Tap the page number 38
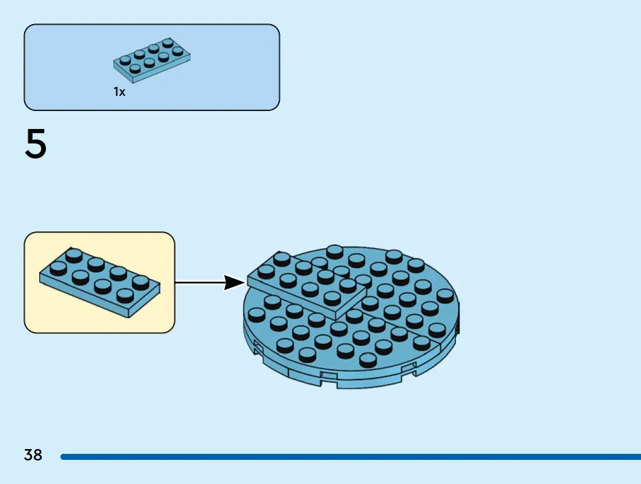point(33,454)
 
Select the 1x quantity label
point(119,92)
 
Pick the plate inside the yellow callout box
point(99,283)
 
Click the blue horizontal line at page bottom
point(351,457)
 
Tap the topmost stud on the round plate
point(335,251)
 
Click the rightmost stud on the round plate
point(445,295)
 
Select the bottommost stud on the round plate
point(367,360)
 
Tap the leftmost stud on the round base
point(257,315)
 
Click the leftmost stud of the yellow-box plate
point(58,268)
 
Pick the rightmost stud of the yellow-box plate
point(141,282)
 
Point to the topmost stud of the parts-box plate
point(168,43)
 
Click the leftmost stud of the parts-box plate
point(125,60)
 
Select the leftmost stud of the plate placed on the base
point(266,271)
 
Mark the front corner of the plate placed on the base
point(336,319)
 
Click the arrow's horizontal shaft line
point(200,282)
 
